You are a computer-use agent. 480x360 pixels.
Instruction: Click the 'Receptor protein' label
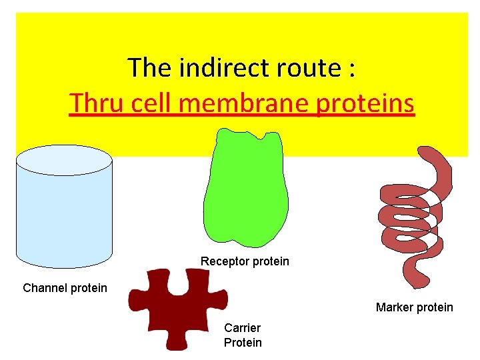click(x=245, y=261)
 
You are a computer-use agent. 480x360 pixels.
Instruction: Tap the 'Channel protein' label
click(x=65, y=288)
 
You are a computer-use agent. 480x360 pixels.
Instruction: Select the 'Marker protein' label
click(x=414, y=307)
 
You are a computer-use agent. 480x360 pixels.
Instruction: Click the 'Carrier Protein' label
click(x=243, y=335)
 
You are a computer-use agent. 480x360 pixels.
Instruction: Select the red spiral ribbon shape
click(x=413, y=213)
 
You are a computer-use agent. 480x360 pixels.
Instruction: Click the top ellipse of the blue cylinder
click(x=64, y=160)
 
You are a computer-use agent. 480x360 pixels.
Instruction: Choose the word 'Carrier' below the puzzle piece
click(x=242, y=328)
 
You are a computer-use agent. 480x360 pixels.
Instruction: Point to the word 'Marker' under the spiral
click(x=394, y=307)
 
